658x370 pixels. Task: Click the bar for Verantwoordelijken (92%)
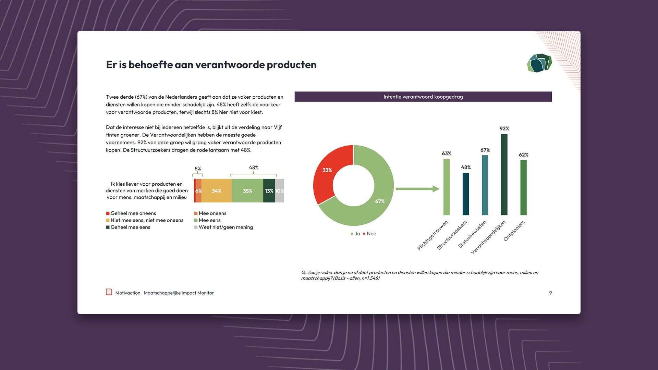click(x=504, y=174)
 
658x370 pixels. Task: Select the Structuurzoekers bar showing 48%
click(x=466, y=194)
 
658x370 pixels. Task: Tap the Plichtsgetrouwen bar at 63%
click(x=447, y=187)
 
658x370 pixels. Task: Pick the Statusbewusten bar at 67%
click(x=485, y=185)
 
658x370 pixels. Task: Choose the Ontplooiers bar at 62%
click(x=523, y=187)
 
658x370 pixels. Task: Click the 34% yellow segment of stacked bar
click(x=216, y=191)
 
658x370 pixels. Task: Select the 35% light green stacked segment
click(x=247, y=191)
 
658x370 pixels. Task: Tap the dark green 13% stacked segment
click(x=269, y=191)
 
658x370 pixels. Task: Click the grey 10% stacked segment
click(x=280, y=191)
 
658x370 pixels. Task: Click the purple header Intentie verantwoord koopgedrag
click(x=423, y=97)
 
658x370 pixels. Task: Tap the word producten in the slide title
click(x=291, y=65)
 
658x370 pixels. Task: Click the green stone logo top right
click(x=539, y=63)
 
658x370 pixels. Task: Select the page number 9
click(x=550, y=293)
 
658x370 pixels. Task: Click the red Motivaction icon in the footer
click(x=109, y=292)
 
